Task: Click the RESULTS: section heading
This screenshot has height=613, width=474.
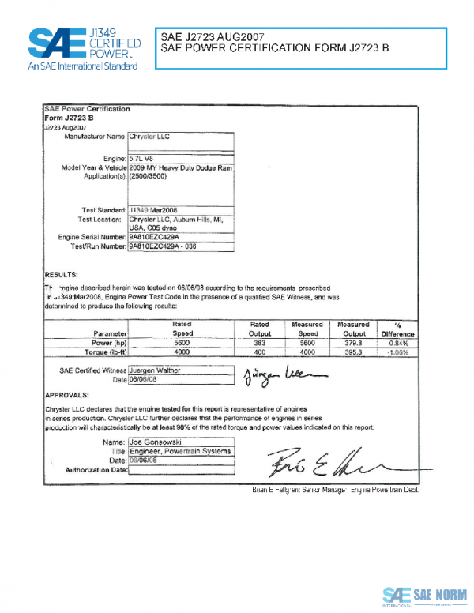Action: [61, 273]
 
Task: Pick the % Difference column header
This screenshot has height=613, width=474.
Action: [398, 329]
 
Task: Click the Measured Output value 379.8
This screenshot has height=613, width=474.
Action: [353, 344]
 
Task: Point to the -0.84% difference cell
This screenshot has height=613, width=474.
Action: [398, 344]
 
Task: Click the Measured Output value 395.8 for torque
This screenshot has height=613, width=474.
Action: [353, 352]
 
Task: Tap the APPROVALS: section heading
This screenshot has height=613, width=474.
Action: [66, 393]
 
